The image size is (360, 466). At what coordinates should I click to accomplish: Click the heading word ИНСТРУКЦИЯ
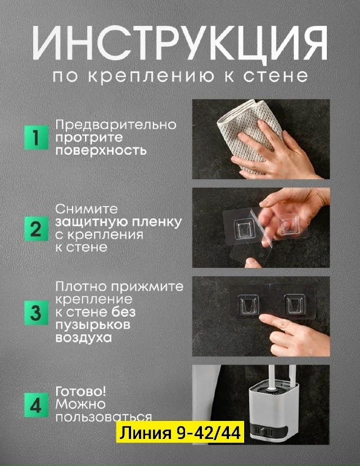pos(180,43)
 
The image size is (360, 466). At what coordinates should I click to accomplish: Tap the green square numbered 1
pos(36,137)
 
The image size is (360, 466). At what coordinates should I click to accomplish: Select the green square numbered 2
pos(36,229)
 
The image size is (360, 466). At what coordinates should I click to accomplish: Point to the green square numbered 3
pos(36,313)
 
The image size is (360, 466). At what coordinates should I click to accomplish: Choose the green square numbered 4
pos(36,405)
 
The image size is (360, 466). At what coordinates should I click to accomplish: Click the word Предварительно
pos(116,124)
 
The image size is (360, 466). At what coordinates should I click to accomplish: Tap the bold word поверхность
pos(101,150)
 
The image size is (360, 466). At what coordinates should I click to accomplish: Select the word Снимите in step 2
pos(87,209)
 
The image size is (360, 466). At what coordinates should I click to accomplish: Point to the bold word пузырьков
pos(93,325)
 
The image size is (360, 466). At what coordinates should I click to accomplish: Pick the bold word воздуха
pos(83,338)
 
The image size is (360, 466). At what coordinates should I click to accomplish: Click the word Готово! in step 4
pos(80,392)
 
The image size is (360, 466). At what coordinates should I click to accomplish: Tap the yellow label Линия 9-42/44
pos(180,432)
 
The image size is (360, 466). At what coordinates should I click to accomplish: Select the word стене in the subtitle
pos(276,76)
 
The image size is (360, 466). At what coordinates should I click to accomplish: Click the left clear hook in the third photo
pos(247,304)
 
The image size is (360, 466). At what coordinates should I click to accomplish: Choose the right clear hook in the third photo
pos(295,304)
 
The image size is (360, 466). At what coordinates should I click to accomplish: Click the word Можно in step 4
pos(80,404)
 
